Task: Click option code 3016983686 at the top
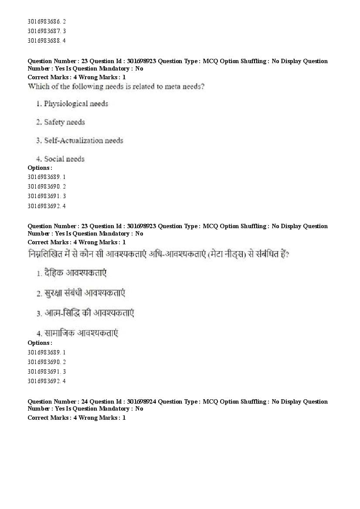click(44, 21)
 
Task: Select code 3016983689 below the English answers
click(44, 177)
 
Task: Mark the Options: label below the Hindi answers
click(40, 343)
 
